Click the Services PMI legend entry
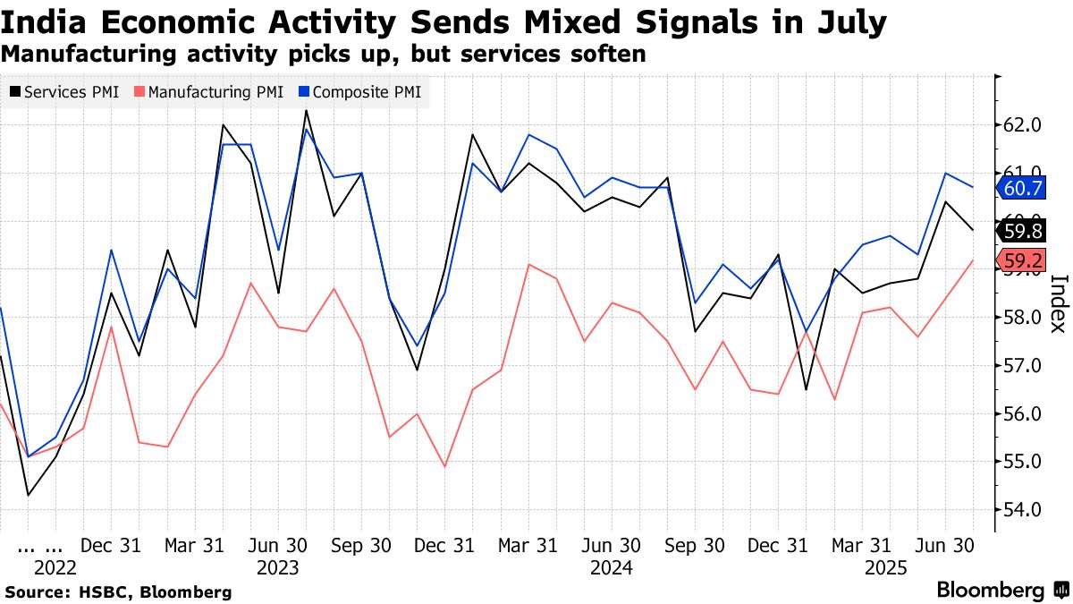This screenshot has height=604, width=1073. pyautogui.click(x=64, y=92)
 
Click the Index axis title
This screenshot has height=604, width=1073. pyautogui.click(x=1057, y=302)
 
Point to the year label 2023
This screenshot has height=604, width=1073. pyautogui.click(x=278, y=568)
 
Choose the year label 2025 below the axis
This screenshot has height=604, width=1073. pyautogui.click(x=886, y=568)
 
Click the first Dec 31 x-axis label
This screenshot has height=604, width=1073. pyautogui.click(x=111, y=545)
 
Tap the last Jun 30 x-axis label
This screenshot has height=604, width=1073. pyautogui.click(x=947, y=545)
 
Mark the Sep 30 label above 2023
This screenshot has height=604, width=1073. pyautogui.click(x=362, y=545)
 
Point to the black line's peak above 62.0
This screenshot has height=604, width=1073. pyautogui.click(x=306, y=111)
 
